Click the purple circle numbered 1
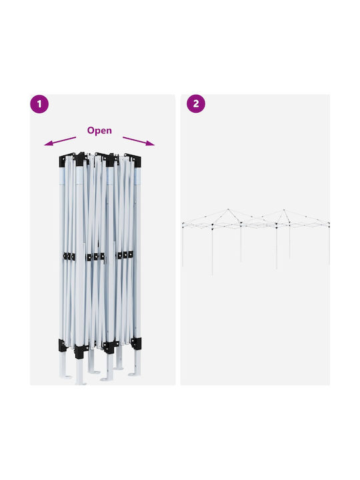click(39, 104)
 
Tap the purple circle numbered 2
click(196, 104)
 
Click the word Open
click(99, 131)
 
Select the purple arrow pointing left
click(60, 141)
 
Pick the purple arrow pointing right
click(139, 141)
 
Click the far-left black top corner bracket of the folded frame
click(63, 161)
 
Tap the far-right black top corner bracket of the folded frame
click(137, 161)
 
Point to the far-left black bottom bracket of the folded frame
click(63, 345)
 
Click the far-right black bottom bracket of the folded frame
click(136, 343)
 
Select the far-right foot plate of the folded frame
click(135, 374)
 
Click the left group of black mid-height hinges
click(69, 257)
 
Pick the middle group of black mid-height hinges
click(95, 257)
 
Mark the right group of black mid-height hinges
click(125, 255)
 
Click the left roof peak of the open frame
click(228, 210)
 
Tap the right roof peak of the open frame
click(284, 210)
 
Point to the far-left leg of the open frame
click(183, 244)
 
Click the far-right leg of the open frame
click(329, 244)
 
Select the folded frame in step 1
click(100, 269)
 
